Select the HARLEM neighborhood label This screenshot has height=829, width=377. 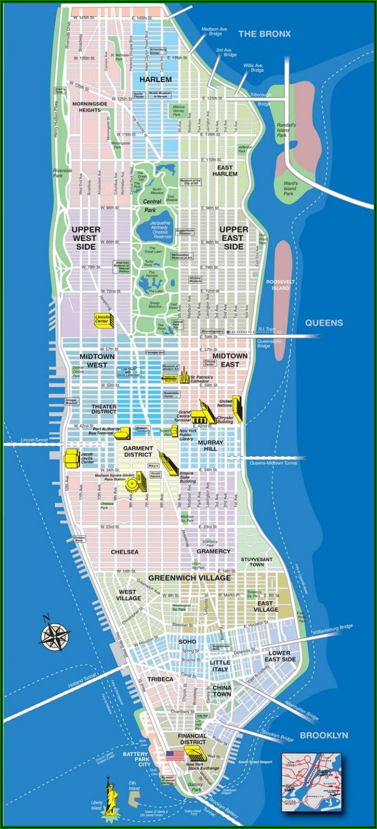(x=155, y=80)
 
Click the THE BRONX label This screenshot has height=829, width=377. (x=264, y=34)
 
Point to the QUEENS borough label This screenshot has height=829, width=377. (x=324, y=323)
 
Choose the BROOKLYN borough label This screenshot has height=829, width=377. (x=324, y=735)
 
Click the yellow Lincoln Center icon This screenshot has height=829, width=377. (x=102, y=319)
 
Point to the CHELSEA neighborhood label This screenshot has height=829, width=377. (x=124, y=551)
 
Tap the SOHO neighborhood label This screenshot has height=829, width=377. (x=187, y=641)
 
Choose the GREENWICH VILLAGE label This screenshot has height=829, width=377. (x=190, y=578)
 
